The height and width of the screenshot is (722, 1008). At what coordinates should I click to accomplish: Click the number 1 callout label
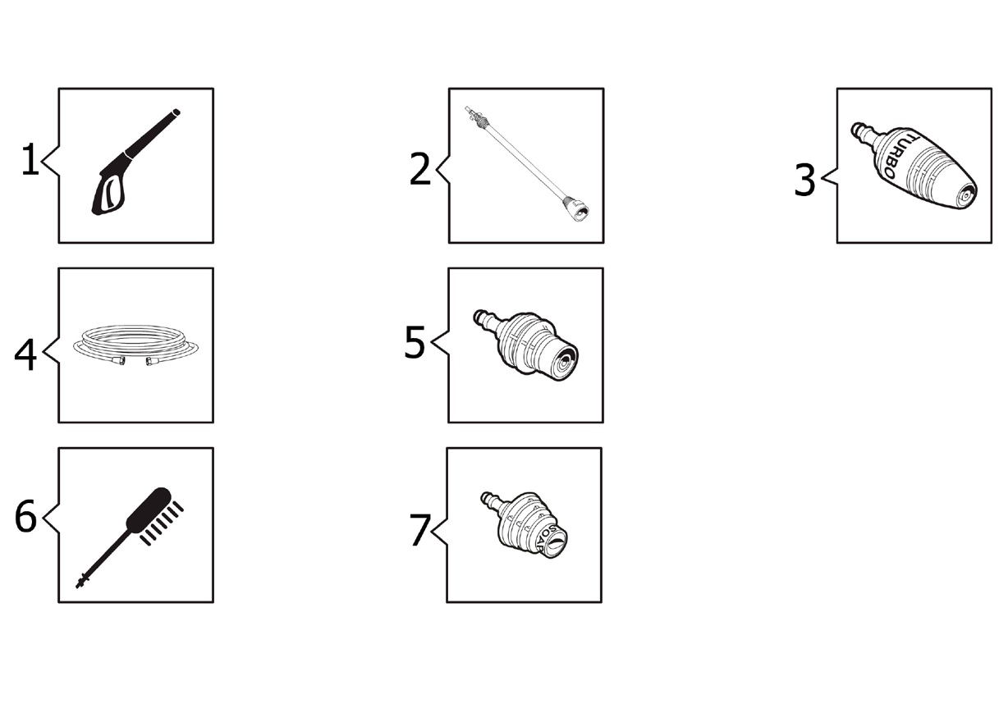[30, 159]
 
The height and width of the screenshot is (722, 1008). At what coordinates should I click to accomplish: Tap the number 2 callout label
[419, 169]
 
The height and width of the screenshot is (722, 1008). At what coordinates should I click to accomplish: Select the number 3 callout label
[804, 180]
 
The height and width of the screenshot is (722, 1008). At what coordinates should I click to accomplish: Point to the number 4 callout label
[25, 354]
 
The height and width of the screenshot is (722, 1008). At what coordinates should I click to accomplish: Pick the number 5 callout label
[415, 342]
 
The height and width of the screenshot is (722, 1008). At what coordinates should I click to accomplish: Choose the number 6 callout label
[25, 516]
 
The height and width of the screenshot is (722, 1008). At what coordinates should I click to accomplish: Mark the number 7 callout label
[419, 530]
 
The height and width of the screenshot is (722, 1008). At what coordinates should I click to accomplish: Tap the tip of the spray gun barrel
[176, 112]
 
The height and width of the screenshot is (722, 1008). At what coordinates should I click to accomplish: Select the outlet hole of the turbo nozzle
[965, 196]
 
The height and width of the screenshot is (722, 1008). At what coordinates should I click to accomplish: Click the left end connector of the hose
[119, 360]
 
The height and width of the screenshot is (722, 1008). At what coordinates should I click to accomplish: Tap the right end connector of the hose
[151, 361]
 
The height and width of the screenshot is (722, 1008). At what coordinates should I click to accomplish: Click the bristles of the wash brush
[162, 523]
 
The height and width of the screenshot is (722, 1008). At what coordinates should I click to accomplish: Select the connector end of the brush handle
[82, 582]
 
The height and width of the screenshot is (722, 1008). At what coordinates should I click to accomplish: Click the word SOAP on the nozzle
[547, 537]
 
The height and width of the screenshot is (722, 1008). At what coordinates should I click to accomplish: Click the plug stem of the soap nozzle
[491, 501]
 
